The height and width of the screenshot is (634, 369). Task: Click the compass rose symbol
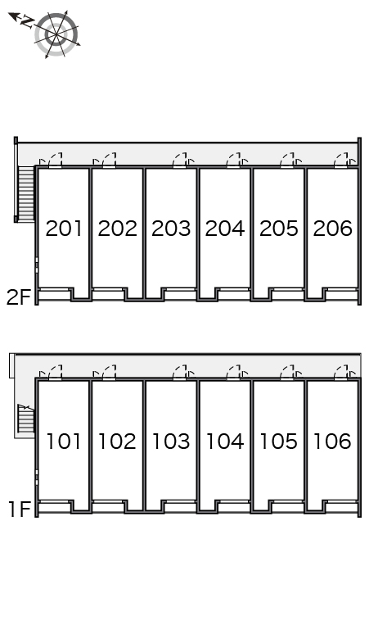[56, 34]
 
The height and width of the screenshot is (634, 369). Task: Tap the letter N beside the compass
[28, 21]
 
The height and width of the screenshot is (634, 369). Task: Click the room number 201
[64, 229]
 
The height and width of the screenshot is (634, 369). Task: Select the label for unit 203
[171, 229]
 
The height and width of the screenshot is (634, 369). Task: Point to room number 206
[333, 229]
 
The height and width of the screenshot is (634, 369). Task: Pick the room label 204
[225, 229]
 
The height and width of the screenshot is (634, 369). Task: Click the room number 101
[64, 442]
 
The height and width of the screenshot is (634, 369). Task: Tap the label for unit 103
[171, 442]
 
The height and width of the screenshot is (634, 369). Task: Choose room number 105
[278, 442]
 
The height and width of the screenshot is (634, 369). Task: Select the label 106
[332, 442]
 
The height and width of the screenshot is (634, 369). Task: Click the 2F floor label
[19, 297]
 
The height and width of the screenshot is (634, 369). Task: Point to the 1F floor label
[20, 509]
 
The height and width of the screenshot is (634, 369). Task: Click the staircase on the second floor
[26, 192]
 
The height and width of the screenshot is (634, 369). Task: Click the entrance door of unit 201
[56, 160]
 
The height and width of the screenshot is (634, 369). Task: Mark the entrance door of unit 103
[180, 372]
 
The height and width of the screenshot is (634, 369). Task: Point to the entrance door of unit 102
[109, 372]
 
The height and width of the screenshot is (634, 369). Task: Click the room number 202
[118, 229]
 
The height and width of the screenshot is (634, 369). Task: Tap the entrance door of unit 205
[288, 160]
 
